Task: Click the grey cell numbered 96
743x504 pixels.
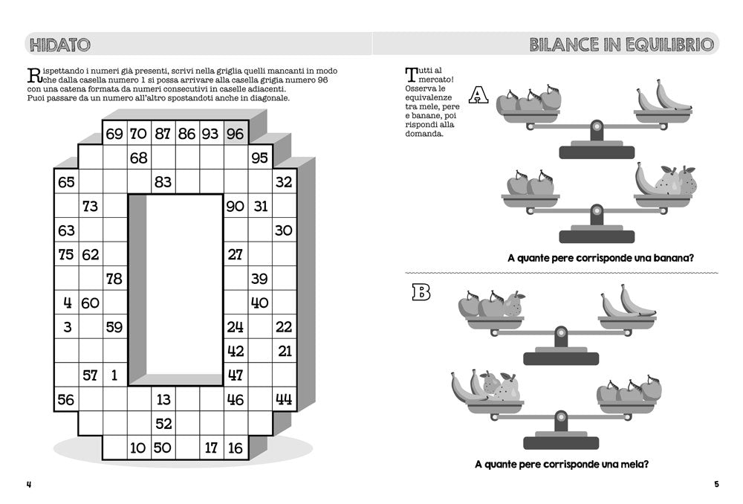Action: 236,134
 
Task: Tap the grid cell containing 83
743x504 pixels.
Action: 163,182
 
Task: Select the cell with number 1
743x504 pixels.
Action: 114,375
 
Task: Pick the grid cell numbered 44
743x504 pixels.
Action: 284,399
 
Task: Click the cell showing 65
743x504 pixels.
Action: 66,182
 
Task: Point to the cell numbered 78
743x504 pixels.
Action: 114,279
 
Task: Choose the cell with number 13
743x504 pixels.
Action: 163,399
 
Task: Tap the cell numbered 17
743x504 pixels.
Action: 211,448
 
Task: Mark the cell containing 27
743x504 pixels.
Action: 236,254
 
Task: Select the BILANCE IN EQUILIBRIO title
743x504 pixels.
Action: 623,45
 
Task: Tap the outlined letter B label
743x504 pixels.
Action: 421,293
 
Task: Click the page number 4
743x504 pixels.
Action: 29,485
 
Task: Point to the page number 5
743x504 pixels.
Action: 716,485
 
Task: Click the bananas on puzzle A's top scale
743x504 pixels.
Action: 663,97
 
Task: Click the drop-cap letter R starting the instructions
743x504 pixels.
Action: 33,75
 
